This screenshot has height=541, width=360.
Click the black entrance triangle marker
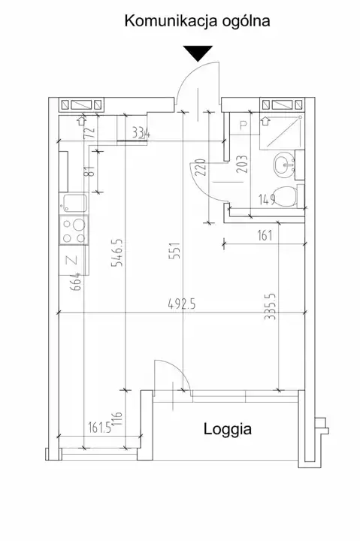[x=198, y=53]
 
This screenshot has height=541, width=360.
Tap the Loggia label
[x=228, y=430]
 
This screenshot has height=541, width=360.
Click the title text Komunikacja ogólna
[x=197, y=21]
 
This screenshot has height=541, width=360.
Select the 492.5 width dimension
[x=182, y=304]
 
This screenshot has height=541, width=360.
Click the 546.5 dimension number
[x=116, y=252]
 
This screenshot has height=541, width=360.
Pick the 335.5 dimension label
[x=270, y=307]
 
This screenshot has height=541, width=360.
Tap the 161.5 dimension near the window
[x=99, y=428]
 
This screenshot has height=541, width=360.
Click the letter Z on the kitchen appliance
[x=74, y=260]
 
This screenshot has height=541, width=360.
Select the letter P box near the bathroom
[x=244, y=125]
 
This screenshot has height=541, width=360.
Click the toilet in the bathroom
[x=284, y=197]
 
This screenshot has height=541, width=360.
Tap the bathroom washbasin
[x=284, y=165]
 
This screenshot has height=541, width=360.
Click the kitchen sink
[x=73, y=204]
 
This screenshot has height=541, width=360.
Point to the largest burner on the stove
[x=79, y=225]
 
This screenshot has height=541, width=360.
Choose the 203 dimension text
[x=242, y=164]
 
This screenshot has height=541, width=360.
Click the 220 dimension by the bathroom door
[x=201, y=167]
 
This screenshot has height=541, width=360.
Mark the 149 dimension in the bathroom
[x=267, y=199]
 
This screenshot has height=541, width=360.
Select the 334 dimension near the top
[x=141, y=133]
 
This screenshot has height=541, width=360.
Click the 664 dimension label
[x=77, y=281]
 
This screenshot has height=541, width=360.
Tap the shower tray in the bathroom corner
[x=282, y=131]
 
